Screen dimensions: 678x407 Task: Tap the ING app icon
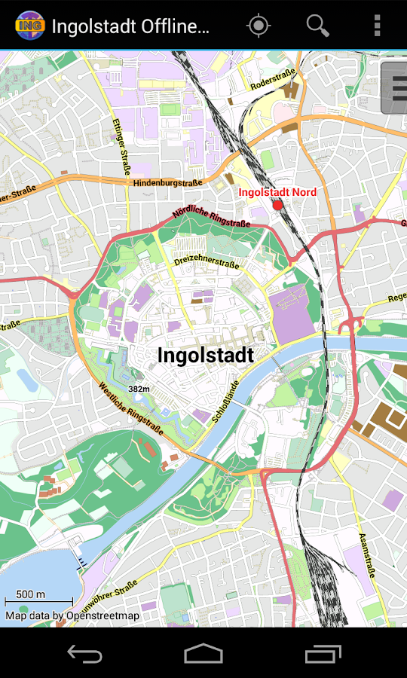pos(29,26)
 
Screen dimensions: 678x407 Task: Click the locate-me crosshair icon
pos(259,26)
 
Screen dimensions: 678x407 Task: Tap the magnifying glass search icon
pos(317,26)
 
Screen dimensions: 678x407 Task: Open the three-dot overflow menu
pos(377,26)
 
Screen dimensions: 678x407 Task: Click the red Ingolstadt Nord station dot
pos(277,205)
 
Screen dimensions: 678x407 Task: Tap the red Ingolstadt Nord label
pos(277,192)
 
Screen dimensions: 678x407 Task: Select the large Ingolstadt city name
pos(205,355)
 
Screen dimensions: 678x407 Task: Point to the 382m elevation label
pos(139,389)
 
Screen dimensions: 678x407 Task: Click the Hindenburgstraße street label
pos(167,183)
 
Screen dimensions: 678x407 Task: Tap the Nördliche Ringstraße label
pos(211,213)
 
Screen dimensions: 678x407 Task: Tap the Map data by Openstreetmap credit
pos(72,615)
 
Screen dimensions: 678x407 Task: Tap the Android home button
pos(203,653)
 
